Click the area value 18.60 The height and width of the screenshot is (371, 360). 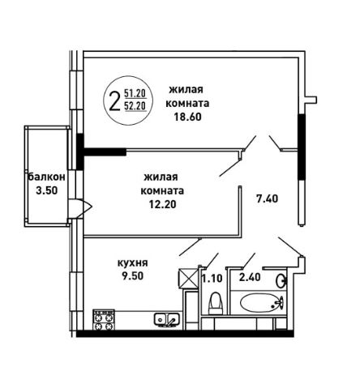pyautogui.click(x=187, y=117)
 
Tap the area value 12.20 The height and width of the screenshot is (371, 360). pyautogui.click(x=162, y=204)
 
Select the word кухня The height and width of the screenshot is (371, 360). pyautogui.click(x=133, y=263)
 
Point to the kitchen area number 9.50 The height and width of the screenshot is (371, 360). pyautogui.click(x=132, y=276)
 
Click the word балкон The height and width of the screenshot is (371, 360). pyautogui.click(x=47, y=177)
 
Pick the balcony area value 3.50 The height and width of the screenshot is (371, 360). pyautogui.click(x=47, y=190)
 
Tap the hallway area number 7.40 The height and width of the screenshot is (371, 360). pyautogui.click(x=267, y=199)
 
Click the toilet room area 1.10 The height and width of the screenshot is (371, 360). pyautogui.click(x=212, y=278)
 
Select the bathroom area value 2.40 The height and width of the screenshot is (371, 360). pyautogui.click(x=250, y=277)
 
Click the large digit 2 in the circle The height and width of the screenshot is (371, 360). pyautogui.click(x=114, y=100)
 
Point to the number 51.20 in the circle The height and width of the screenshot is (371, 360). pyautogui.click(x=135, y=93)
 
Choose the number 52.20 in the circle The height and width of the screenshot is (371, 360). pyautogui.click(x=135, y=106)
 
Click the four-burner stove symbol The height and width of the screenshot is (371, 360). pyautogui.click(x=104, y=320)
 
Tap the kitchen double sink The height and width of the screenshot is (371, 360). pyautogui.click(x=166, y=320)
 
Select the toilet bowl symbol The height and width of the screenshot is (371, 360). pyautogui.click(x=216, y=303)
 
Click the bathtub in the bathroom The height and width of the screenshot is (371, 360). pyautogui.click(x=262, y=303)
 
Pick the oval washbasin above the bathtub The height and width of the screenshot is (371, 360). pyautogui.click(x=281, y=281)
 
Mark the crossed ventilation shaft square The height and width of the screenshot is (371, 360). pyautogui.click(x=188, y=279)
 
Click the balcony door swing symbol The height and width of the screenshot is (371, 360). pyautogui.click(x=80, y=208)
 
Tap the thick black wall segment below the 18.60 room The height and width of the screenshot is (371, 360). pyautogui.click(x=105, y=151)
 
